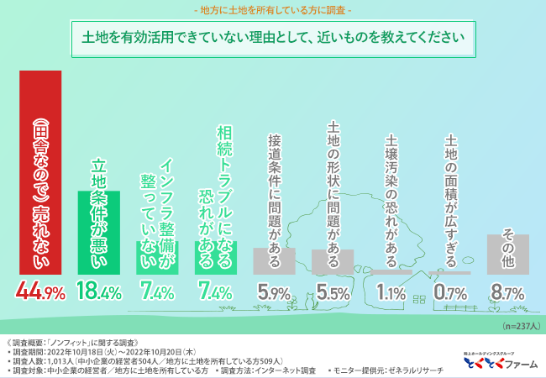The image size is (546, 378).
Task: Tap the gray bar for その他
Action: tap(508, 254)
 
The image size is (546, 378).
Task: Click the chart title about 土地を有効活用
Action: tap(272, 38)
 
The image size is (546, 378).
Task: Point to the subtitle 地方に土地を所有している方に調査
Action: tap(272, 11)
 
